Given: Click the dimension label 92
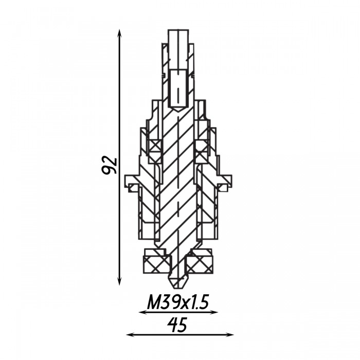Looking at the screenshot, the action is click(110, 165).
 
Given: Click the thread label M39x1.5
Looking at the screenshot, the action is click(178, 302).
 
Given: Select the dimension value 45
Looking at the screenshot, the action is click(177, 325).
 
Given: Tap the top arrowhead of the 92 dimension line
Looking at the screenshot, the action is click(119, 33).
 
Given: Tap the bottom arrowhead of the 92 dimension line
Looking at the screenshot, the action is click(119, 281).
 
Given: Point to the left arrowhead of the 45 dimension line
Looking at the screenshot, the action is click(130, 335).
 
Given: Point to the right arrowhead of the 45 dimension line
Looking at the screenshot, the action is click(230, 335).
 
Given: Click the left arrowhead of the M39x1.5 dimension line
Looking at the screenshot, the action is click(143, 312).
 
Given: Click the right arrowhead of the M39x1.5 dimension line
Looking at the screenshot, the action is click(214, 312).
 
